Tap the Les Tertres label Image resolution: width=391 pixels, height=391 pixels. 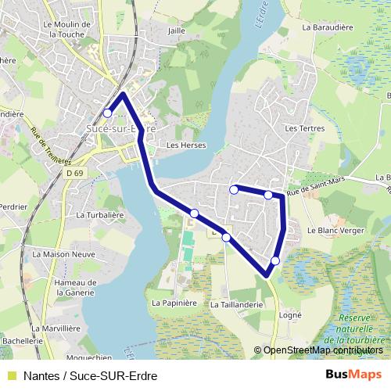[303, 127]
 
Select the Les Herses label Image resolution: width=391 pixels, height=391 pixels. [185, 145]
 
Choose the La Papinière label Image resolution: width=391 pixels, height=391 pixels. [174, 302]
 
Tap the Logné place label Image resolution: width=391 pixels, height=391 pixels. [290, 314]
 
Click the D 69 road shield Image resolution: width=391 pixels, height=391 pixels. [75, 173]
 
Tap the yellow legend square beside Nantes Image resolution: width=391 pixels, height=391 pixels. [12, 375]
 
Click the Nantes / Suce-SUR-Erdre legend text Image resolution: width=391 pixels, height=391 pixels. [91, 375]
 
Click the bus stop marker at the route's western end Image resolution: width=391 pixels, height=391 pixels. [108, 113]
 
